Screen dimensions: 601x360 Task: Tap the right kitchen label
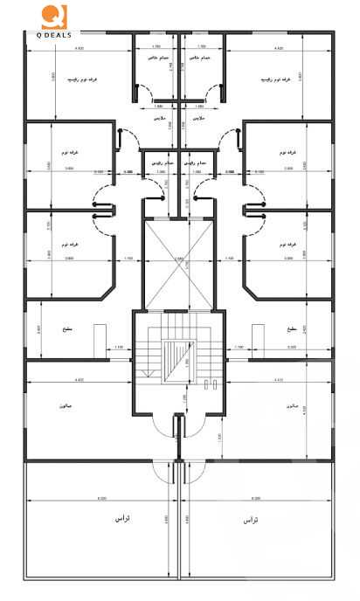tap(291, 330)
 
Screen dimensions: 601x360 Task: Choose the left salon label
tap(61, 407)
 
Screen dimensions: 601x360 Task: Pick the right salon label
tap(292, 407)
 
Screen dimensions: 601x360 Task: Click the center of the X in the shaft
tap(179, 259)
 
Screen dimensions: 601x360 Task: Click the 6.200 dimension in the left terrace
tap(102, 499)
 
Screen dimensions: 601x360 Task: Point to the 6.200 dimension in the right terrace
tap(255, 499)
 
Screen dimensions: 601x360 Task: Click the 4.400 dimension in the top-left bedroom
tap(80, 47)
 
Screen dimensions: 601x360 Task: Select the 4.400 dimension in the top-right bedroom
tap(279, 47)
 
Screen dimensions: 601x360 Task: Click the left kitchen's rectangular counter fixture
tap(99, 336)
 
